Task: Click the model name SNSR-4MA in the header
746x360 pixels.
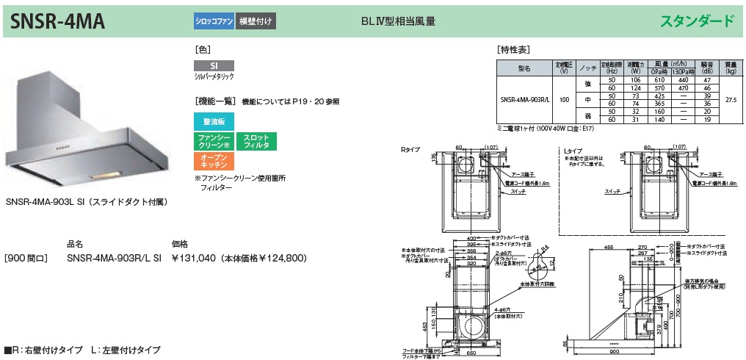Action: tap(58, 21)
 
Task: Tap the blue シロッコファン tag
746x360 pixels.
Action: tap(214, 21)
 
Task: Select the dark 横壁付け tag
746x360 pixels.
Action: tap(256, 21)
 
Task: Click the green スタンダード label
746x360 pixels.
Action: tap(698, 21)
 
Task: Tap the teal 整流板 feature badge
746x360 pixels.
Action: tap(214, 121)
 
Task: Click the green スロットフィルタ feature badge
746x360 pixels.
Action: tap(256, 142)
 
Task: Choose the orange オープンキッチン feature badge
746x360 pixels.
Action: tap(214, 162)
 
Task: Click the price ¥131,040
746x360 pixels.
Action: tap(195, 258)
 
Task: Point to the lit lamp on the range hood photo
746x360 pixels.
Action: tap(104, 175)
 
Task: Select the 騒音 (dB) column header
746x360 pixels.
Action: tap(706, 68)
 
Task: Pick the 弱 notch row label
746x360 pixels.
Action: tap(587, 115)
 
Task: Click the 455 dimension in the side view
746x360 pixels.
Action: tap(609, 248)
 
